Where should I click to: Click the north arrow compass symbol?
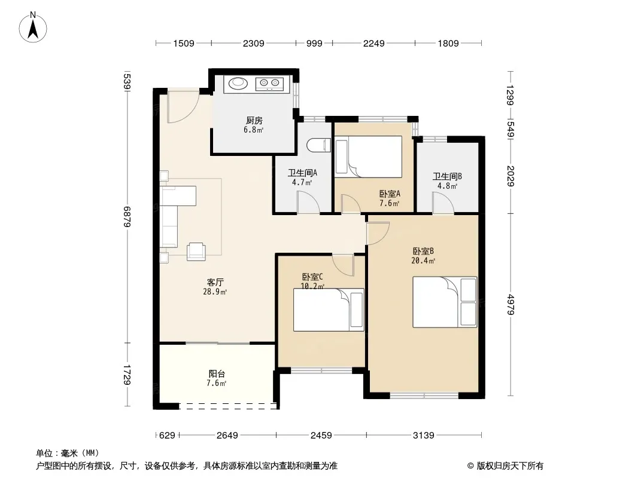point(33,27)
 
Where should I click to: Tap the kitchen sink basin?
point(238,84)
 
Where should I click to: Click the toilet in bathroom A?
point(318,145)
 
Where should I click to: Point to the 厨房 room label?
point(254,121)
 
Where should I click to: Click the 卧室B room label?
point(423,252)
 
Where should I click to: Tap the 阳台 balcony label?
point(217,373)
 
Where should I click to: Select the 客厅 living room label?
point(215,282)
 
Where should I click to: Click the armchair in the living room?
point(196,252)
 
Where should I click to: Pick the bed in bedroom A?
point(368,157)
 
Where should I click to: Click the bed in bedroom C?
point(329,310)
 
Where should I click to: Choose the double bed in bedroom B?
point(445,302)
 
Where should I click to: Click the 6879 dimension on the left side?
point(127,217)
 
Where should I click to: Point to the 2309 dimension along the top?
point(254,43)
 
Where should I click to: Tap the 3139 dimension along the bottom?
point(424,436)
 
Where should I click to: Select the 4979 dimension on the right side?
point(511,305)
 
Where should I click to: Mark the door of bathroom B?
point(443,203)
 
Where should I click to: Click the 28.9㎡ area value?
point(215,292)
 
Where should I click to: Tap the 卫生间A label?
point(302,173)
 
